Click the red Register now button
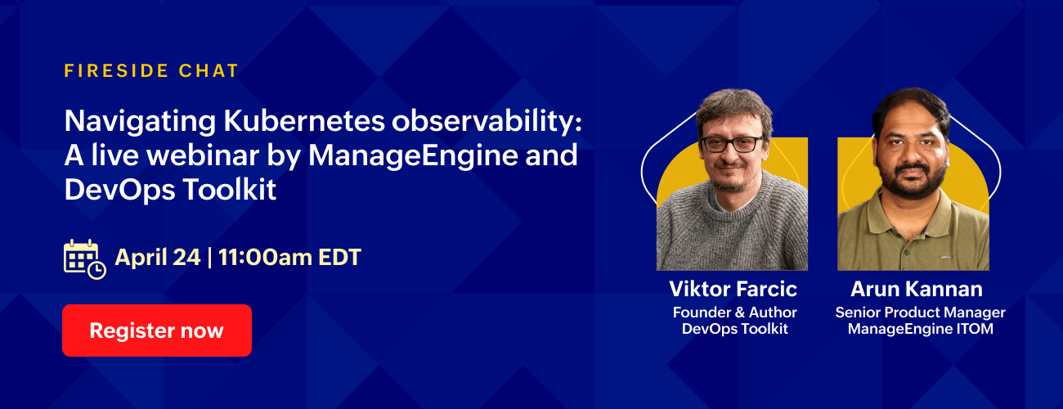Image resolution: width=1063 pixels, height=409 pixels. (156, 330)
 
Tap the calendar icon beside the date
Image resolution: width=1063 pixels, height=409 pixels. (84, 258)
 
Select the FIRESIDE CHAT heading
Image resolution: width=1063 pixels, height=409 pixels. (151, 70)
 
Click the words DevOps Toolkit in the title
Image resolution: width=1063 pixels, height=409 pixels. (170, 190)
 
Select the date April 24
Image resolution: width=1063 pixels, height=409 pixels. (158, 258)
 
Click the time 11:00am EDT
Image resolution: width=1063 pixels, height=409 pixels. (289, 258)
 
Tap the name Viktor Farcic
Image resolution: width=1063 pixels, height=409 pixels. (733, 289)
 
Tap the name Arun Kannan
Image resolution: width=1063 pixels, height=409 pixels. (916, 289)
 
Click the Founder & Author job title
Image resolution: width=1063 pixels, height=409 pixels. (734, 312)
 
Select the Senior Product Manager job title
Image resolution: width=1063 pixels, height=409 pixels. (920, 312)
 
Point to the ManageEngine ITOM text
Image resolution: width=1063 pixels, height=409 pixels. (920, 329)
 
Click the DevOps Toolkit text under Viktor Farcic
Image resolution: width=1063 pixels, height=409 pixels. (734, 329)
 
